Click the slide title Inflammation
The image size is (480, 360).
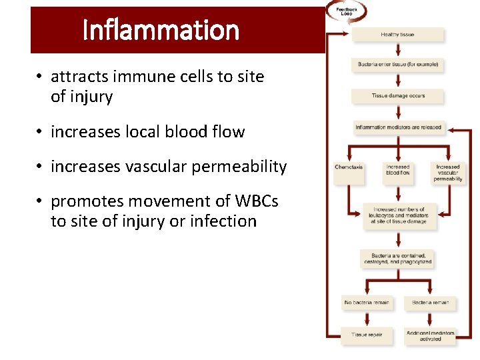point(161,30)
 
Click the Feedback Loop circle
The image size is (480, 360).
point(346,11)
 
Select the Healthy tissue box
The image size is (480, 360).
point(397,35)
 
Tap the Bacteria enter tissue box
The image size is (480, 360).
point(397,65)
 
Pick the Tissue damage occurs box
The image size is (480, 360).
point(397,96)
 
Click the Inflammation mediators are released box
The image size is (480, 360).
point(398,127)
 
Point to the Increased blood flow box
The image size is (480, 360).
point(397,171)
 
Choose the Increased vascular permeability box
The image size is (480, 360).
point(447,173)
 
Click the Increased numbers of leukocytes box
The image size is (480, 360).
point(398,216)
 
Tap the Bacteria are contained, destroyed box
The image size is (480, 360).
point(398,259)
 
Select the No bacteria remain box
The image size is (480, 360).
point(366,303)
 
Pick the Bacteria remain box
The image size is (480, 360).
point(430,303)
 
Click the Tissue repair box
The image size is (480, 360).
point(366,335)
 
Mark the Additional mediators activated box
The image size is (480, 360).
point(430,335)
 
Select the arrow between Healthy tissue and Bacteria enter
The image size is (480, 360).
point(397,51)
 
